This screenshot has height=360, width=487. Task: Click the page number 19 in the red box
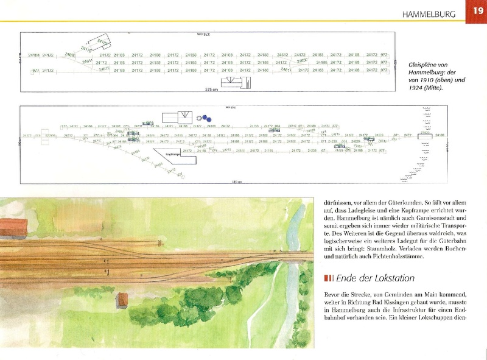coord(475,11)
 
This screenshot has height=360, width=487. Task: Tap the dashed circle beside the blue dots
coord(199,118)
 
